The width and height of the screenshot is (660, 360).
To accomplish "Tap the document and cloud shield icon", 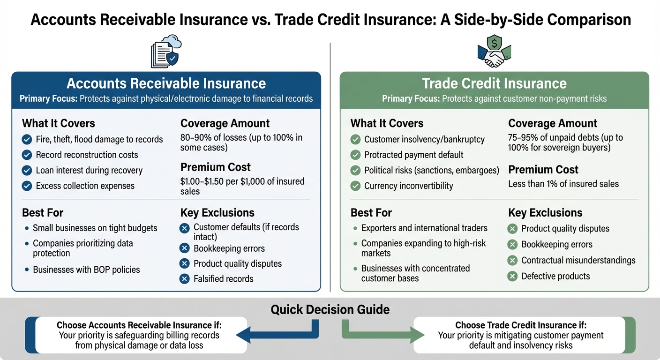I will click(x=165, y=52).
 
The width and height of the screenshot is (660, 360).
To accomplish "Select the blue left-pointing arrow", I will click(x=277, y=334).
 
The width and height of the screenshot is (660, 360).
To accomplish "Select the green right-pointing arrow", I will click(x=383, y=334).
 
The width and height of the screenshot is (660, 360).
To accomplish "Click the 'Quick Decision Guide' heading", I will click(x=330, y=309).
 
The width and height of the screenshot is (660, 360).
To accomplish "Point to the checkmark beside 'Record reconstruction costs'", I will click(x=27, y=155).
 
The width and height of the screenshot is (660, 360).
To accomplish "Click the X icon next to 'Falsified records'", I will click(x=185, y=279).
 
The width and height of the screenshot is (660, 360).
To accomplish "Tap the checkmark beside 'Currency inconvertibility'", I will click(x=356, y=186).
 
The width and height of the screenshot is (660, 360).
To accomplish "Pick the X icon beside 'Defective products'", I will click(x=512, y=276).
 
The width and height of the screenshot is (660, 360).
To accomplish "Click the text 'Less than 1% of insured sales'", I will click(x=563, y=184).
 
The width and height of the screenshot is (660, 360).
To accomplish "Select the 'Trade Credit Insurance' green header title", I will click(x=494, y=83).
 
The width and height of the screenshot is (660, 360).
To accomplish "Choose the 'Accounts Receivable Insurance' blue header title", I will click(x=166, y=83).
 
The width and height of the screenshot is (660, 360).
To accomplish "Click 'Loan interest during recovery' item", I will click(x=89, y=170).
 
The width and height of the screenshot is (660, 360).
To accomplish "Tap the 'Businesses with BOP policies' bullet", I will click(x=86, y=270).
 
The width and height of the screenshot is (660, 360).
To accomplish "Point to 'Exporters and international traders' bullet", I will click(x=424, y=228).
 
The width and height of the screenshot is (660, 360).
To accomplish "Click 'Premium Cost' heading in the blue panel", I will click(x=215, y=167).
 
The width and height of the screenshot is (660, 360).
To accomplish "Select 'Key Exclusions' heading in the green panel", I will click(x=545, y=212).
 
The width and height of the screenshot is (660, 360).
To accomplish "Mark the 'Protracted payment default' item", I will click(x=413, y=155).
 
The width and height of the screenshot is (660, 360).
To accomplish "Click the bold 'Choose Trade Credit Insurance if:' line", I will click(x=521, y=325).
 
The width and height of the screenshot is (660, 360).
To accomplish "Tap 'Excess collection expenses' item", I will click(x=85, y=186).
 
